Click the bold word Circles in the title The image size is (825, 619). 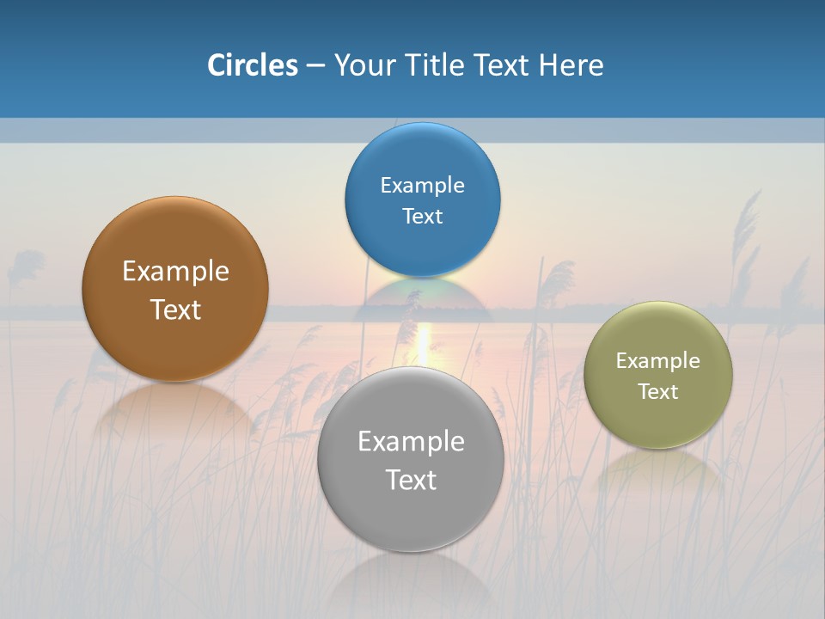coord(253,65)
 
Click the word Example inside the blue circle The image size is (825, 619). coord(422,185)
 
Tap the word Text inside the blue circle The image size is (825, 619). coord(422,216)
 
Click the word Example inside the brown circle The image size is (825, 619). coord(175,271)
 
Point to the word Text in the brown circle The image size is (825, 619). coord(175,309)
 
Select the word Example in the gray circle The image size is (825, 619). coord(411,441)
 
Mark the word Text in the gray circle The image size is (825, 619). coord(411,480)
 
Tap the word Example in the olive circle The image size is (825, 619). coord(658,360)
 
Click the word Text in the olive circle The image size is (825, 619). coord(658,391)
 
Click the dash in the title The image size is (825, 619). coord(315,65)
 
